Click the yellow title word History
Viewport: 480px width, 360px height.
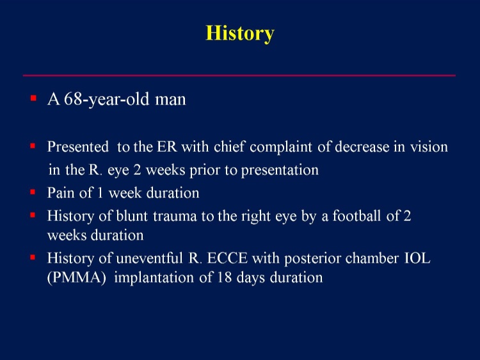pyautogui.click(x=240, y=33)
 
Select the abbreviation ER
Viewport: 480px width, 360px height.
pyautogui.click(x=167, y=147)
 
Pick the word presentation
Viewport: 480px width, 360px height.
pyautogui.click(x=280, y=170)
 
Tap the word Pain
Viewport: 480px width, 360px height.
pyautogui.click(x=61, y=193)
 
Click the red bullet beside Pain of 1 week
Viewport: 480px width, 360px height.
pyautogui.click(x=33, y=192)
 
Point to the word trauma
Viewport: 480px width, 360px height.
pyautogui.click(x=175, y=217)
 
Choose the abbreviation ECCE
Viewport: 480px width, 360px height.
pyautogui.click(x=227, y=258)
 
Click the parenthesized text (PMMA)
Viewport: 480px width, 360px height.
pyautogui.click(x=77, y=277)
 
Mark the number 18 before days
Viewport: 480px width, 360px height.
pyautogui.click(x=225, y=277)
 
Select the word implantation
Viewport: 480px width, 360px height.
pyautogui.click(x=154, y=278)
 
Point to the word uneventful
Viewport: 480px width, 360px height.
pyautogui.click(x=149, y=258)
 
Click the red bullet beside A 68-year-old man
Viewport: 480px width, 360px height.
pyautogui.click(x=33, y=99)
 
